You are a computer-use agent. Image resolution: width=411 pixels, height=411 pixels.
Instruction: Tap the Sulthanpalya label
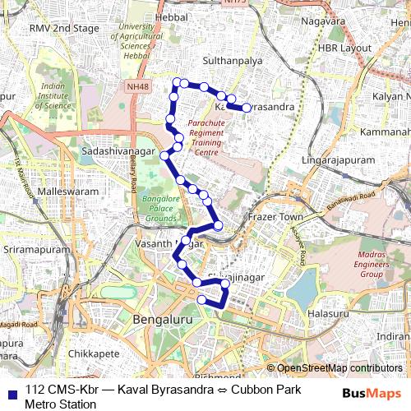(238, 60)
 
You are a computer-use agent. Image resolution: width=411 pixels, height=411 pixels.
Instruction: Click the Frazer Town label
(275, 216)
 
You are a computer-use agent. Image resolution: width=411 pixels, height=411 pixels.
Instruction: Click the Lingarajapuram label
(339, 159)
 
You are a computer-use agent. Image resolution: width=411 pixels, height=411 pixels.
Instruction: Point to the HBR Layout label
(345, 48)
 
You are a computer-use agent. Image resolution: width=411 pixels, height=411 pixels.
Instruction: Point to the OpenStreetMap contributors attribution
(339, 368)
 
